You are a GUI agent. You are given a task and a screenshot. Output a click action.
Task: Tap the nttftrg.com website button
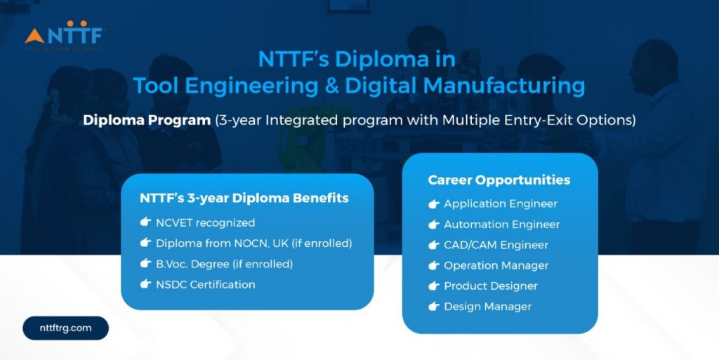(x=65, y=328)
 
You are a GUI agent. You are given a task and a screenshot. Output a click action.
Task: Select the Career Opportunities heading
(x=499, y=180)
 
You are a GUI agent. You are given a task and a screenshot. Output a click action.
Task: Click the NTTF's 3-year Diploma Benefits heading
(x=244, y=198)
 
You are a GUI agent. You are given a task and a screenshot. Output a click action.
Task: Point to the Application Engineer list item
(x=500, y=204)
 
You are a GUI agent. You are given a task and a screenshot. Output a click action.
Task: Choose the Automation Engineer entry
(x=501, y=225)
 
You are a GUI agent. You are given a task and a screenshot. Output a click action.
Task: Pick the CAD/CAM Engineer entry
(x=496, y=245)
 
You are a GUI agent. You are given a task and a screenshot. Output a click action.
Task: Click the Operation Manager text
(x=496, y=265)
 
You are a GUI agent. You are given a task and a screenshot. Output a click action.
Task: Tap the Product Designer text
(x=490, y=286)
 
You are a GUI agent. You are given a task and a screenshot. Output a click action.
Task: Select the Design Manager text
(x=487, y=306)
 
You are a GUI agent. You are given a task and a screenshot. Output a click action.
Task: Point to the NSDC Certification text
(x=205, y=284)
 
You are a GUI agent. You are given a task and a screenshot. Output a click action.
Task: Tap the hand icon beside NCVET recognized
(x=145, y=222)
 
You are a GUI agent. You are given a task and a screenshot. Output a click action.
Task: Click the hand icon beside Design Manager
(x=434, y=306)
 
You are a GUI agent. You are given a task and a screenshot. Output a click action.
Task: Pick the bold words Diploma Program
(x=146, y=120)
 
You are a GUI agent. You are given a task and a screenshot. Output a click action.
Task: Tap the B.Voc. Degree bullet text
(x=224, y=264)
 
